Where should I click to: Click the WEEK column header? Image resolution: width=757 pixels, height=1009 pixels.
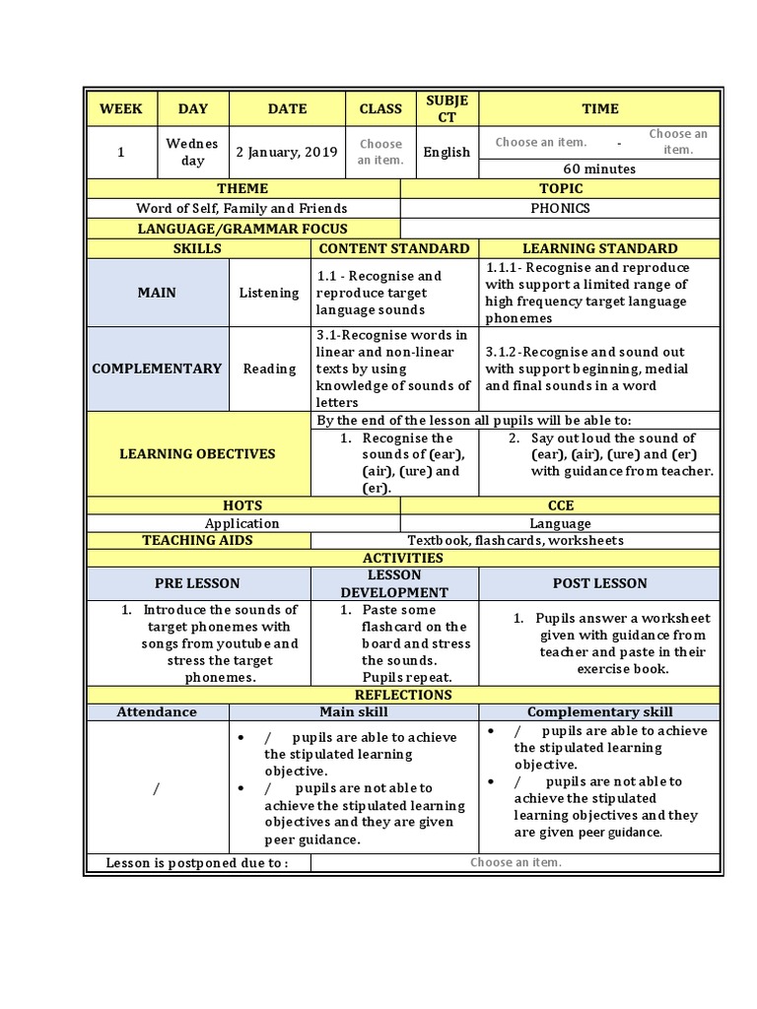coord(121,109)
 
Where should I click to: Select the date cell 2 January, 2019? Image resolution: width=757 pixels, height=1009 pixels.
coord(286,152)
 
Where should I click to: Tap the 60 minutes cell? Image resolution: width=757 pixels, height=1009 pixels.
coord(599,168)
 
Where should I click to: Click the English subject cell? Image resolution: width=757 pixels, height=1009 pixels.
coord(447,152)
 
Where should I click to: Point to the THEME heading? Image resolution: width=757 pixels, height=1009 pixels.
coord(242,188)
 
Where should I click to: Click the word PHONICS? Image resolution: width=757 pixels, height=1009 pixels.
coord(560,208)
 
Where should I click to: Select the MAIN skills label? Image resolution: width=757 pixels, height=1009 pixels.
coord(157,293)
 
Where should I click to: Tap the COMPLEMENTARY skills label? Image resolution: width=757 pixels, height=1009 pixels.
coord(157,369)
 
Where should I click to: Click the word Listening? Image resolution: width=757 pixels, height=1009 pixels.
coord(269,293)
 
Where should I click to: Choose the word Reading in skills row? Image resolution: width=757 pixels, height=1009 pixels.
coord(269,369)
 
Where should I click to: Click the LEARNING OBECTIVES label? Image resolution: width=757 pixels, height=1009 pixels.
coord(197,454)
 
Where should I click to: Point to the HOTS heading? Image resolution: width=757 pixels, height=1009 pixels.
coord(242,505)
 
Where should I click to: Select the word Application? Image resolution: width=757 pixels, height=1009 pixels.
coord(242,523)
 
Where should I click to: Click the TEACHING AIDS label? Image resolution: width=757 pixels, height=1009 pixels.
coord(197,540)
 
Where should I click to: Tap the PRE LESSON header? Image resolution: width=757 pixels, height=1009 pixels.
coord(197,583)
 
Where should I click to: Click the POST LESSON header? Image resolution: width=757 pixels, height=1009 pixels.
coord(599,583)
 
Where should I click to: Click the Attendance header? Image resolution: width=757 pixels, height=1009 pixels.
coord(157,711)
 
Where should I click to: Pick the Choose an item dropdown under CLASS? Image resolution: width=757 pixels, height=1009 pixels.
coord(380,152)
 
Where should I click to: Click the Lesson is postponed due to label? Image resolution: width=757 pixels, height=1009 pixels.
coord(197,863)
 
